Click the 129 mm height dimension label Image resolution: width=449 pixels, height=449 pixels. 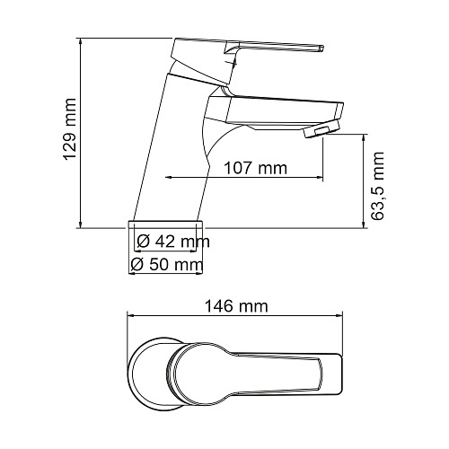click(71, 130)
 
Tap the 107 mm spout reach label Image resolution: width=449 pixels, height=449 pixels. click(256, 168)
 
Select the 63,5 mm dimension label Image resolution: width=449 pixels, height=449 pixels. click(377, 186)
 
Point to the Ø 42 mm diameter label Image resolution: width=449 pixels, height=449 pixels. click(173, 242)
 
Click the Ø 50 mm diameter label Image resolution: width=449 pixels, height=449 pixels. click(167, 264)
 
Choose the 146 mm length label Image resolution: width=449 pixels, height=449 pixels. click(236, 306)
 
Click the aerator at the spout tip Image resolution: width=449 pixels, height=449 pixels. click(322, 129)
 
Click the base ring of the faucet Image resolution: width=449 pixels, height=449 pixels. click(166, 224)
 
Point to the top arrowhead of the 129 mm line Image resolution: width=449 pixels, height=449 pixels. click(80, 41)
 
